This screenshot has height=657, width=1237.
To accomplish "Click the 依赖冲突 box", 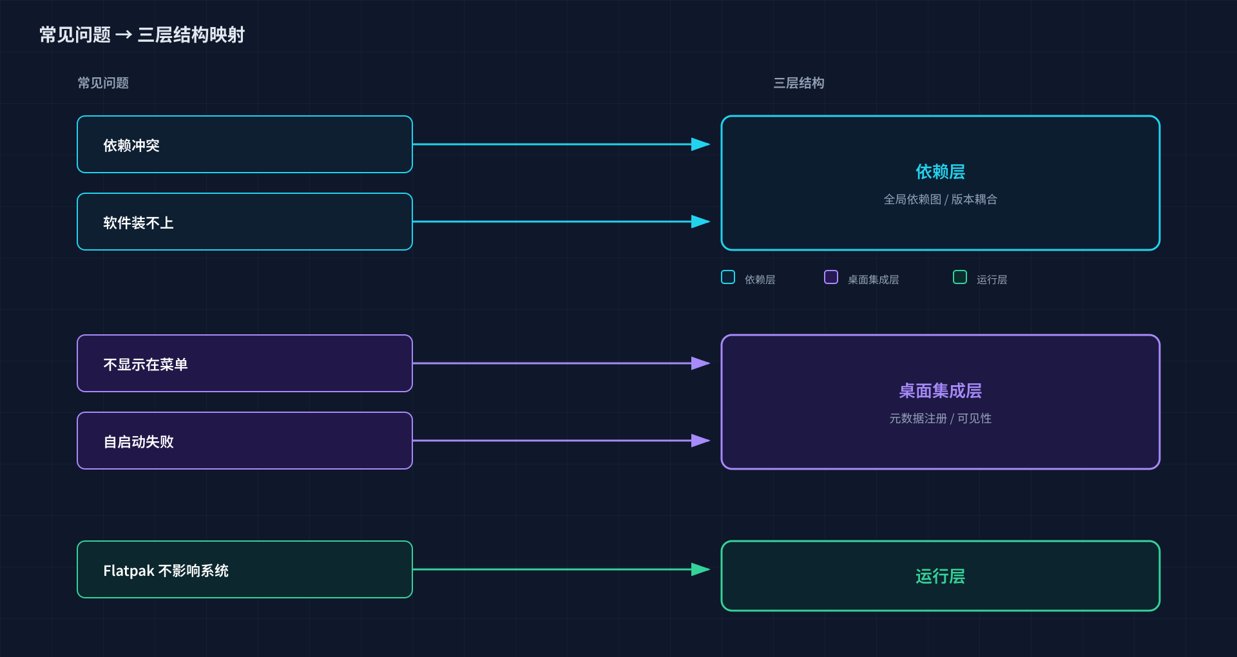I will click(245, 144).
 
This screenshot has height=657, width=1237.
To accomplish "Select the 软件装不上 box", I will click(245, 222).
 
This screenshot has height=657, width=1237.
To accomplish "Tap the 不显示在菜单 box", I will click(245, 363).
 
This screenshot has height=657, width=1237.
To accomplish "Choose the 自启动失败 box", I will click(245, 441).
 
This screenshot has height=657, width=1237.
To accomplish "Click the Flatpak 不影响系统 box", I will click(245, 569).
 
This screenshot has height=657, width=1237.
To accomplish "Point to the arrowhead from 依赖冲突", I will click(700, 144).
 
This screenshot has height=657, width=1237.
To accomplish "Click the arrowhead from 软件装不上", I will click(700, 222).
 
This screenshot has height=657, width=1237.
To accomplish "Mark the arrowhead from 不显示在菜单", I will click(700, 363).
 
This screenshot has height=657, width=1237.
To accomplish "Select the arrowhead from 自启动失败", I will click(700, 441).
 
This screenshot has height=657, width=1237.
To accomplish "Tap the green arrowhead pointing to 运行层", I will click(700, 569).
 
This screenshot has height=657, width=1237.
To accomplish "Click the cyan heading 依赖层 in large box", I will click(940, 172).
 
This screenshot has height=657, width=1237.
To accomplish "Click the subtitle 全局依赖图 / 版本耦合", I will click(940, 200).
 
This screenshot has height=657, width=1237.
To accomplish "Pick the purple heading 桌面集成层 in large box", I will click(940, 391).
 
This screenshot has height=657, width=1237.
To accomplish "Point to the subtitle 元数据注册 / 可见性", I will click(940, 419).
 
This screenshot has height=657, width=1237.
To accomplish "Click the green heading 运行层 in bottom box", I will click(940, 576).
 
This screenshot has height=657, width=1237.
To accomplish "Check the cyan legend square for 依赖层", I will click(728, 277).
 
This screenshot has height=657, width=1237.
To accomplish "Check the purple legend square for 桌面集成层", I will click(831, 277).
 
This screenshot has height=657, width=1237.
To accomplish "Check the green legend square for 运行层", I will click(960, 277).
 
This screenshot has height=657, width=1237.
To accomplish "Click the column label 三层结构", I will click(798, 83).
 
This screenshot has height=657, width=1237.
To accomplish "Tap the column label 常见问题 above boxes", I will click(103, 83).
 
